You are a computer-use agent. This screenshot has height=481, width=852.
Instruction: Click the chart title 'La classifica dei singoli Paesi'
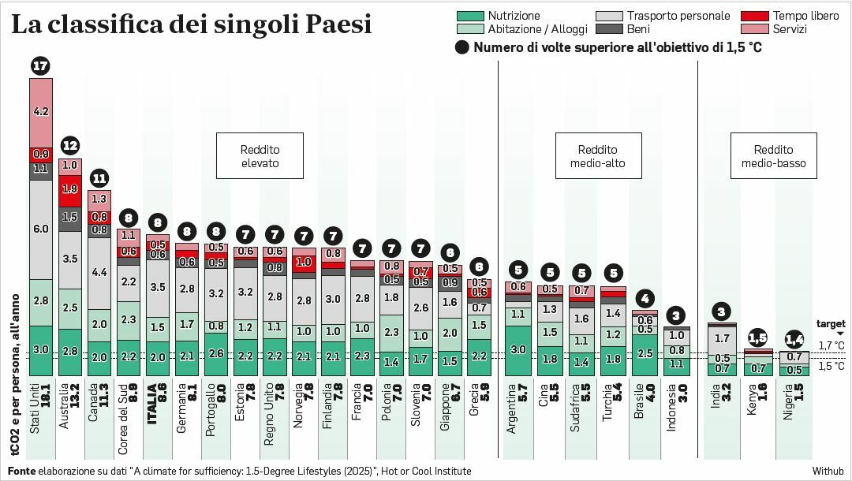(191, 24)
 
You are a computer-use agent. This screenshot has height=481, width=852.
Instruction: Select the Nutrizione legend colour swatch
(469, 16)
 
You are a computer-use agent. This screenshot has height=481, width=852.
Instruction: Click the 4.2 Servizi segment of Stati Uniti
(41, 112)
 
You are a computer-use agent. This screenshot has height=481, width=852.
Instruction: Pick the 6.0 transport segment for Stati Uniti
(41, 229)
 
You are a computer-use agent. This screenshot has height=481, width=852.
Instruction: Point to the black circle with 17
(41, 66)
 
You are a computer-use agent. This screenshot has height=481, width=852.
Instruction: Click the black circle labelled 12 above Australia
(70, 145)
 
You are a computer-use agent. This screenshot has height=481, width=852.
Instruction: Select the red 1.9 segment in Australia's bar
(70, 189)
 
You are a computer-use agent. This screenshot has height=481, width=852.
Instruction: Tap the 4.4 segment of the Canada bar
(99, 272)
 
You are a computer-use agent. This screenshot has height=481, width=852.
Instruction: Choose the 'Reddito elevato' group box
(260, 156)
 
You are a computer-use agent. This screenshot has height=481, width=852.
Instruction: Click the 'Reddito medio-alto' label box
(597, 156)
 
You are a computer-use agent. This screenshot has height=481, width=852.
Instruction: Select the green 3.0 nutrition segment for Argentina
(518, 350)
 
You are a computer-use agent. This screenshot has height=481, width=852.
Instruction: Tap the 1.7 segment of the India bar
(722, 339)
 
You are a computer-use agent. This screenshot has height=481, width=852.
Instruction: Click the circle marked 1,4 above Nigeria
(794, 340)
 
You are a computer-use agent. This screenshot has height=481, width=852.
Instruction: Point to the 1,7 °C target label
(831, 345)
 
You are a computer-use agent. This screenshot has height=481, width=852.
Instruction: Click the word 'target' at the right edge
(831, 324)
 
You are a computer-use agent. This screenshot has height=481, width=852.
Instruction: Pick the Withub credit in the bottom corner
(828, 471)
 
